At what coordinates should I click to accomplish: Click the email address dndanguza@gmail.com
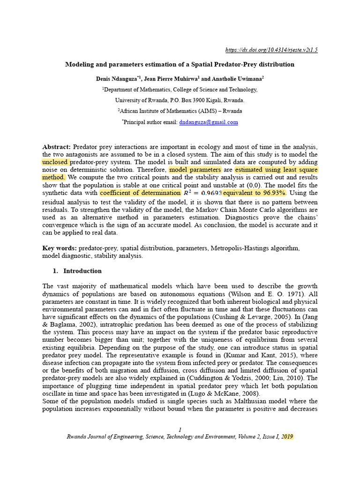209,122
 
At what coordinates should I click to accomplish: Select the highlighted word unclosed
56,162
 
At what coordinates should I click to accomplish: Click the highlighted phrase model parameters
195,170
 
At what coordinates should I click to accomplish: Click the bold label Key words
60,248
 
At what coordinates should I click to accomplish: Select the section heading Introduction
82,271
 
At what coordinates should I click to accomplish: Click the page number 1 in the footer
180,430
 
